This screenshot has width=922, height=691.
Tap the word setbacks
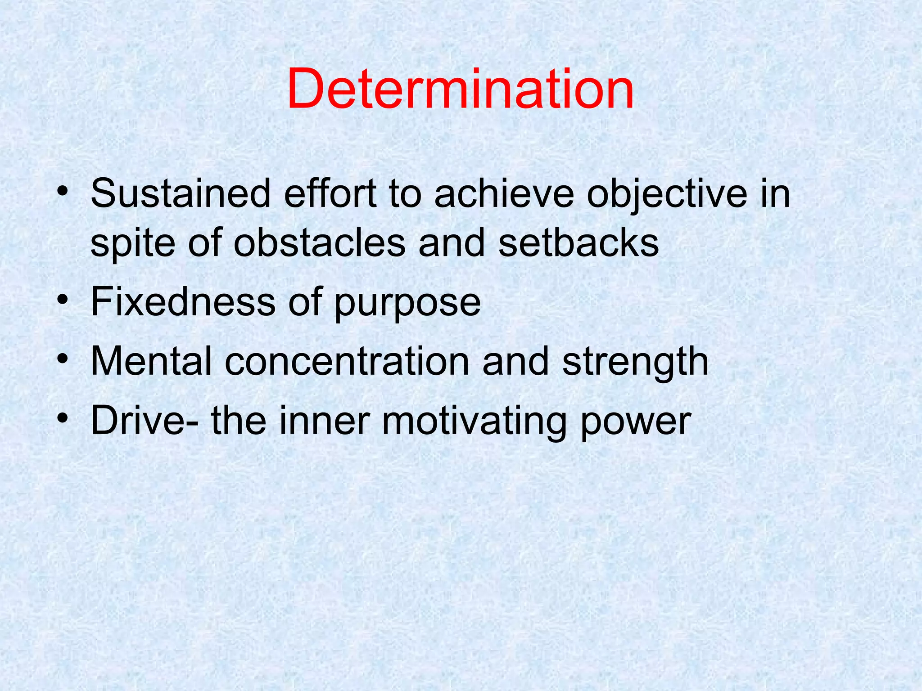click(579, 243)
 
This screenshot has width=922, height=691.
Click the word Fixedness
click(183, 302)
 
